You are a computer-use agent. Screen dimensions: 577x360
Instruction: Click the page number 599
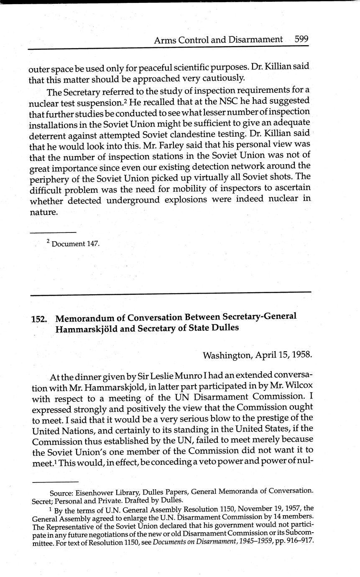tap(301, 39)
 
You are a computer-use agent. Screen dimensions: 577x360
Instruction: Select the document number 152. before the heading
tap(39, 319)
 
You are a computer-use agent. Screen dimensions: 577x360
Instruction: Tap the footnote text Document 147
tap(75, 244)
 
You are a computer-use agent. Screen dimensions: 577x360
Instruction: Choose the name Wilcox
tap(299, 386)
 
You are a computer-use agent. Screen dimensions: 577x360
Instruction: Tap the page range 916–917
tap(297, 540)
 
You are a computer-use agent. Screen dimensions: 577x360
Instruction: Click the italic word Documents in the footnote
tap(169, 540)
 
